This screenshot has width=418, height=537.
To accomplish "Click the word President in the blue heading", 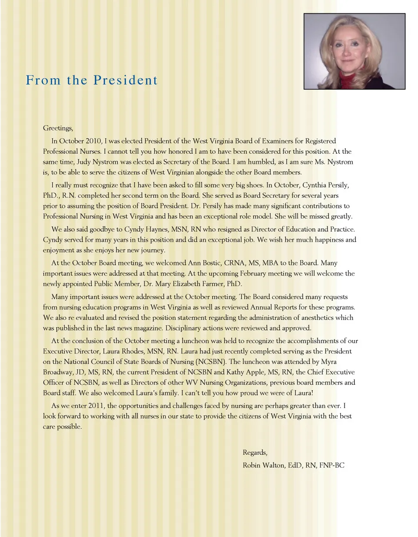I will pos(125,80).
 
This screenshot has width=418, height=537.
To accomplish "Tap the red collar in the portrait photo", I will pos(346,81).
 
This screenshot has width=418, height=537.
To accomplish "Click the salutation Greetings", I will pos(58,128).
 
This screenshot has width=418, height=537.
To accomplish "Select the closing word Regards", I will pos(255,453).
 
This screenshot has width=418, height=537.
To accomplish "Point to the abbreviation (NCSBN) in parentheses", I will pos(211,362).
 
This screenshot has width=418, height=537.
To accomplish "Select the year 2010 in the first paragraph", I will pos(93,141).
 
